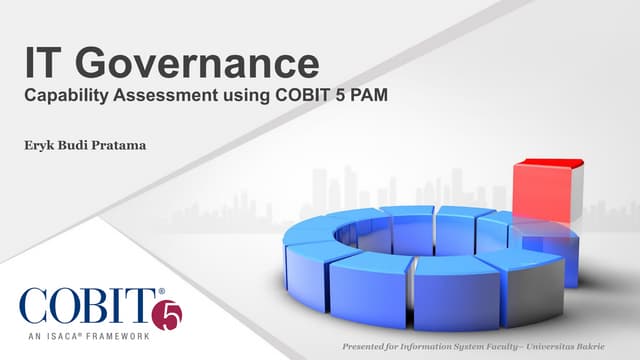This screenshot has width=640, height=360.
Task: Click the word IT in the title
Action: coord(46,65)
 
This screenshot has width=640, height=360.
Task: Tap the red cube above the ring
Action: coord(544,190)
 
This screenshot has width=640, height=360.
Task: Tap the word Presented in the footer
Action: coord(367,347)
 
